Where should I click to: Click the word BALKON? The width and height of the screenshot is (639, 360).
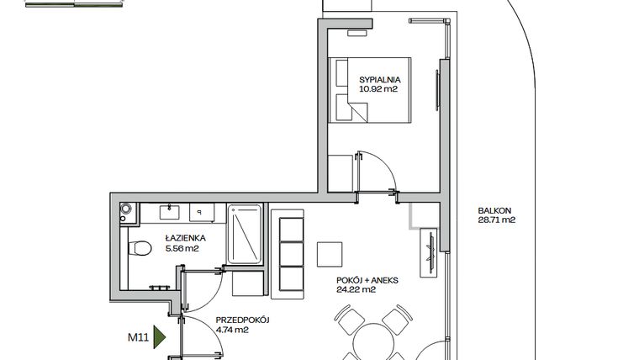(494, 211)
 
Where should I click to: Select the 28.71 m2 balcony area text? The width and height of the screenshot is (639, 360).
(495, 221)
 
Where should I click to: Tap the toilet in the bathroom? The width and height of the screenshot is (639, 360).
(140, 247)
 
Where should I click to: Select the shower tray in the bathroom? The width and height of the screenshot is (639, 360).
(246, 236)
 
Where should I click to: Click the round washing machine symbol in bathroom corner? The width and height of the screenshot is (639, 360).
(126, 208)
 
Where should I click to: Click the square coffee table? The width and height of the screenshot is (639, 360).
(330, 254)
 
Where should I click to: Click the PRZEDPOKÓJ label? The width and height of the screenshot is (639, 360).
(240, 320)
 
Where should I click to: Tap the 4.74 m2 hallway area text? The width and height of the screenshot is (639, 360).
(231, 331)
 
